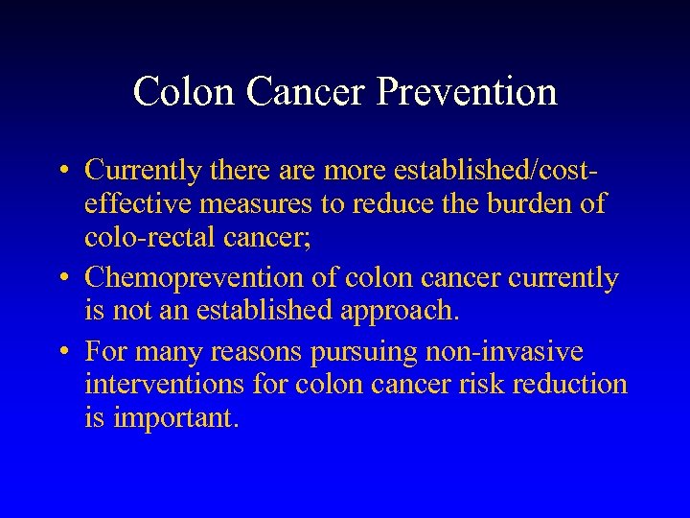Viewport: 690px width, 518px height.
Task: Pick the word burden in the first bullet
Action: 527,205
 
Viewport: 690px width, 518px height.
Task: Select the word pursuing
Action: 357,352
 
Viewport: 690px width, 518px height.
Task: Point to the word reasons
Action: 257,352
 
